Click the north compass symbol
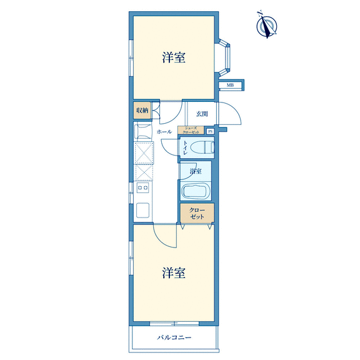click(x=267, y=25)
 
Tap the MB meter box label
click(x=230, y=85)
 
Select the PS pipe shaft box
click(x=210, y=131)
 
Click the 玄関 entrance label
click(x=202, y=114)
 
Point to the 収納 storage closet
click(x=142, y=111)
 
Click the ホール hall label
click(x=164, y=132)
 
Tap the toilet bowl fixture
click(x=202, y=147)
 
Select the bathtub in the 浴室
click(x=196, y=191)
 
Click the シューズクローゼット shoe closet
click(x=191, y=130)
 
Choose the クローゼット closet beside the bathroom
click(x=197, y=213)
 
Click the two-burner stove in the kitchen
click(x=142, y=188)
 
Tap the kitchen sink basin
click(x=142, y=210)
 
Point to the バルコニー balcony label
click(x=174, y=337)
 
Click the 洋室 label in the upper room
click(x=174, y=57)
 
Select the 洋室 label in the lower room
click(x=174, y=272)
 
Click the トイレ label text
click(x=185, y=147)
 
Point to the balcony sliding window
click(x=174, y=324)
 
